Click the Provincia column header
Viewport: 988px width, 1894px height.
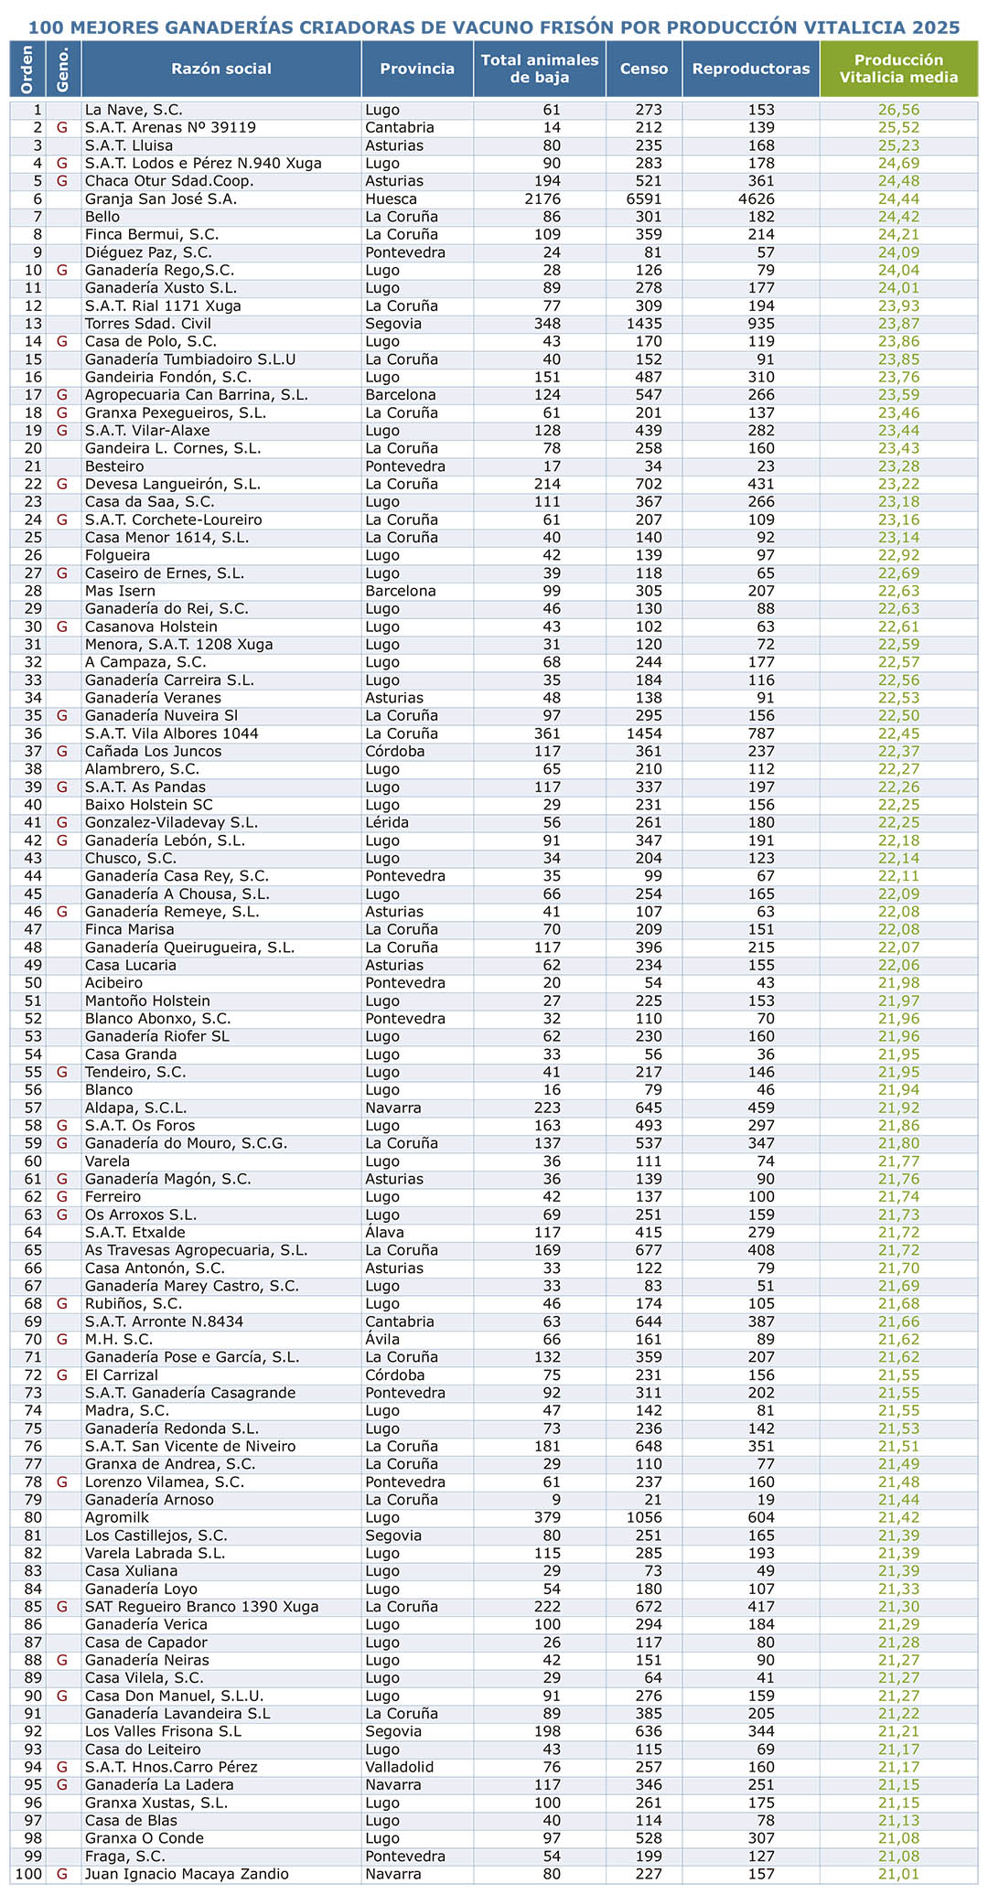pos(417,69)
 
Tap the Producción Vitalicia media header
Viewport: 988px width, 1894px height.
pos(898,69)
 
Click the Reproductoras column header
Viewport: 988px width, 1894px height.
pos(751,69)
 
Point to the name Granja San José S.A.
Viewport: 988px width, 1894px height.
pos(151,198)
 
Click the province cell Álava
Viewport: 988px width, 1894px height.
pos(384,1233)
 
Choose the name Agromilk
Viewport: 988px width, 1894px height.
pos(115,1518)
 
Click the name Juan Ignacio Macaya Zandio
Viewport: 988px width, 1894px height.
pos(187,1874)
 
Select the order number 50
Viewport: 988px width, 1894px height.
pos(35,983)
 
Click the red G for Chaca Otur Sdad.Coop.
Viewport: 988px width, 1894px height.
pos(62,181)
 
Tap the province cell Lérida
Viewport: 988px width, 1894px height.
pos(386,822)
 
